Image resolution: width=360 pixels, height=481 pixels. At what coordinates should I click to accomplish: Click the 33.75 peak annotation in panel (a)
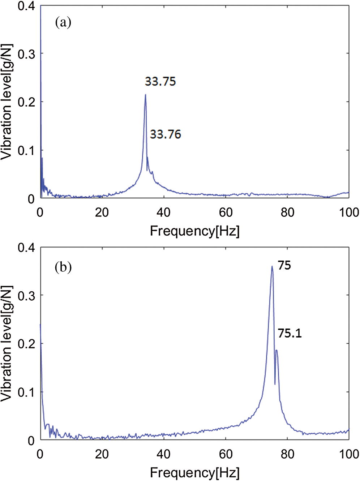tap(160, 81)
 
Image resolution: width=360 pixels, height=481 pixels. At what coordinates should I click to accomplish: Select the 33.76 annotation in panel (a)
tap(165, 134)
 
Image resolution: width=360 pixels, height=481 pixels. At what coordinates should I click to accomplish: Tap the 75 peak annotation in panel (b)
tap(284, 266)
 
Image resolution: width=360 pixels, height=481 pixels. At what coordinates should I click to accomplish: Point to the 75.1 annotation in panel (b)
tap(290, 333)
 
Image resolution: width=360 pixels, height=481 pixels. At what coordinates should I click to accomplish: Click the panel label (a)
tap(63, 23)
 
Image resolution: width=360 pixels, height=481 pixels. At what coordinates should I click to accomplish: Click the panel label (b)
tap(63, 267)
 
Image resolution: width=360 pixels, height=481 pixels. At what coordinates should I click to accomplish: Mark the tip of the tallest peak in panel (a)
tap(145, 95)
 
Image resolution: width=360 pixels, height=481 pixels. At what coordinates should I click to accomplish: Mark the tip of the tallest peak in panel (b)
tap(272, 266)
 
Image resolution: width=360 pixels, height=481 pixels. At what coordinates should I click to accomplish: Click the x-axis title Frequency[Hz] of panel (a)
tap(194, 231)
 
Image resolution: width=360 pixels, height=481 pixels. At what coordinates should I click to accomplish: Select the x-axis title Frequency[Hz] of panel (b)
tap(194, 472)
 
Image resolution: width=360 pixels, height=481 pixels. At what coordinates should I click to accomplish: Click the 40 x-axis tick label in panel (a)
tap(163, 212)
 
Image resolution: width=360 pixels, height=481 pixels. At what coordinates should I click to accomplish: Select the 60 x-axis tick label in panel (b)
tap(226, 454)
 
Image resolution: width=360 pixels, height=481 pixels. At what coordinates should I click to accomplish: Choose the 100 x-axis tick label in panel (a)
tap(349, 212)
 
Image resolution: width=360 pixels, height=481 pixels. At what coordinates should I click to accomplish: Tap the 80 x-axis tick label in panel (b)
tap(287, 454)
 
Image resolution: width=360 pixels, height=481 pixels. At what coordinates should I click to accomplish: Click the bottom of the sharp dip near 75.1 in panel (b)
tap(275, 384)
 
